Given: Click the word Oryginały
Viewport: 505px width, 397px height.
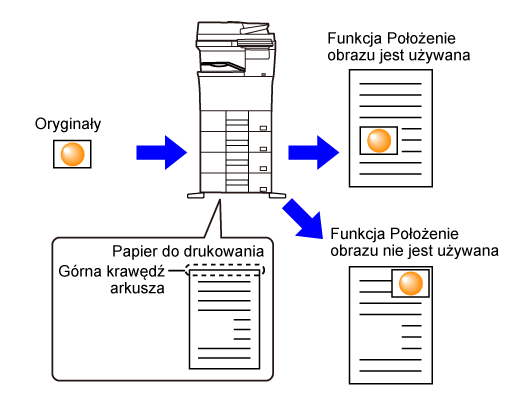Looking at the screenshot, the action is click(68, 125).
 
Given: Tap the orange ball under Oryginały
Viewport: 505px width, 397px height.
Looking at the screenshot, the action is click(72, 154).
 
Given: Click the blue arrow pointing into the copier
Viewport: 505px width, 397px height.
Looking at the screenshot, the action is click(162, 152).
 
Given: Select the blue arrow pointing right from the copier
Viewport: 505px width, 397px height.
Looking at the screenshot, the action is click(314, 152).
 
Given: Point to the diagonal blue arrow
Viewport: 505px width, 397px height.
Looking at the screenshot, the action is click(303, 219).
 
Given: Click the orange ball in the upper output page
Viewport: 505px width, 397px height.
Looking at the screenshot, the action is click(379, 140).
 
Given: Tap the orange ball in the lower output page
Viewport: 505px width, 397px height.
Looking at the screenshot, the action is click(411, 283).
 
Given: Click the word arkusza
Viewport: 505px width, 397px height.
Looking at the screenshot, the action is click(137, 288).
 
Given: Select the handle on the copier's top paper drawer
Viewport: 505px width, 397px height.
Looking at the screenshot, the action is click(263, 128).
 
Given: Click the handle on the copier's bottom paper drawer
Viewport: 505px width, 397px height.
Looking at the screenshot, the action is click(263, 190).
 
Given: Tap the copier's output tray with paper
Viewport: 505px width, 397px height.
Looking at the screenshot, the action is click(223, 66).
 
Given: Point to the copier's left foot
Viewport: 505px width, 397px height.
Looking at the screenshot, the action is click(196, 196).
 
